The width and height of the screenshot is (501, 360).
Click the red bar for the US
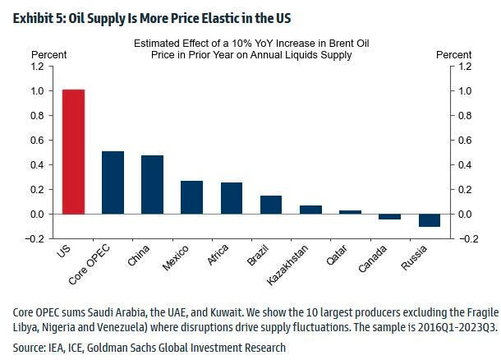point(73,152)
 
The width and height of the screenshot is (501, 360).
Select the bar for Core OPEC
point(113,182)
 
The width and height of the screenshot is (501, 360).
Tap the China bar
point(152,184)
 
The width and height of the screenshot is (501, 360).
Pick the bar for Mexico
point(191,197)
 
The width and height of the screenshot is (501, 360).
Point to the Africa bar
point(231,198)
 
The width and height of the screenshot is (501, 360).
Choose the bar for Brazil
point(270,205)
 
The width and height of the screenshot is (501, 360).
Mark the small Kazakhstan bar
point(310,210)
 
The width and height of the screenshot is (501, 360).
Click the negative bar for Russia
point(429,220)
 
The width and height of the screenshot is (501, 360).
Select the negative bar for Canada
point(389,217)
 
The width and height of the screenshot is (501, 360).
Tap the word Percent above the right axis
point(453,54)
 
